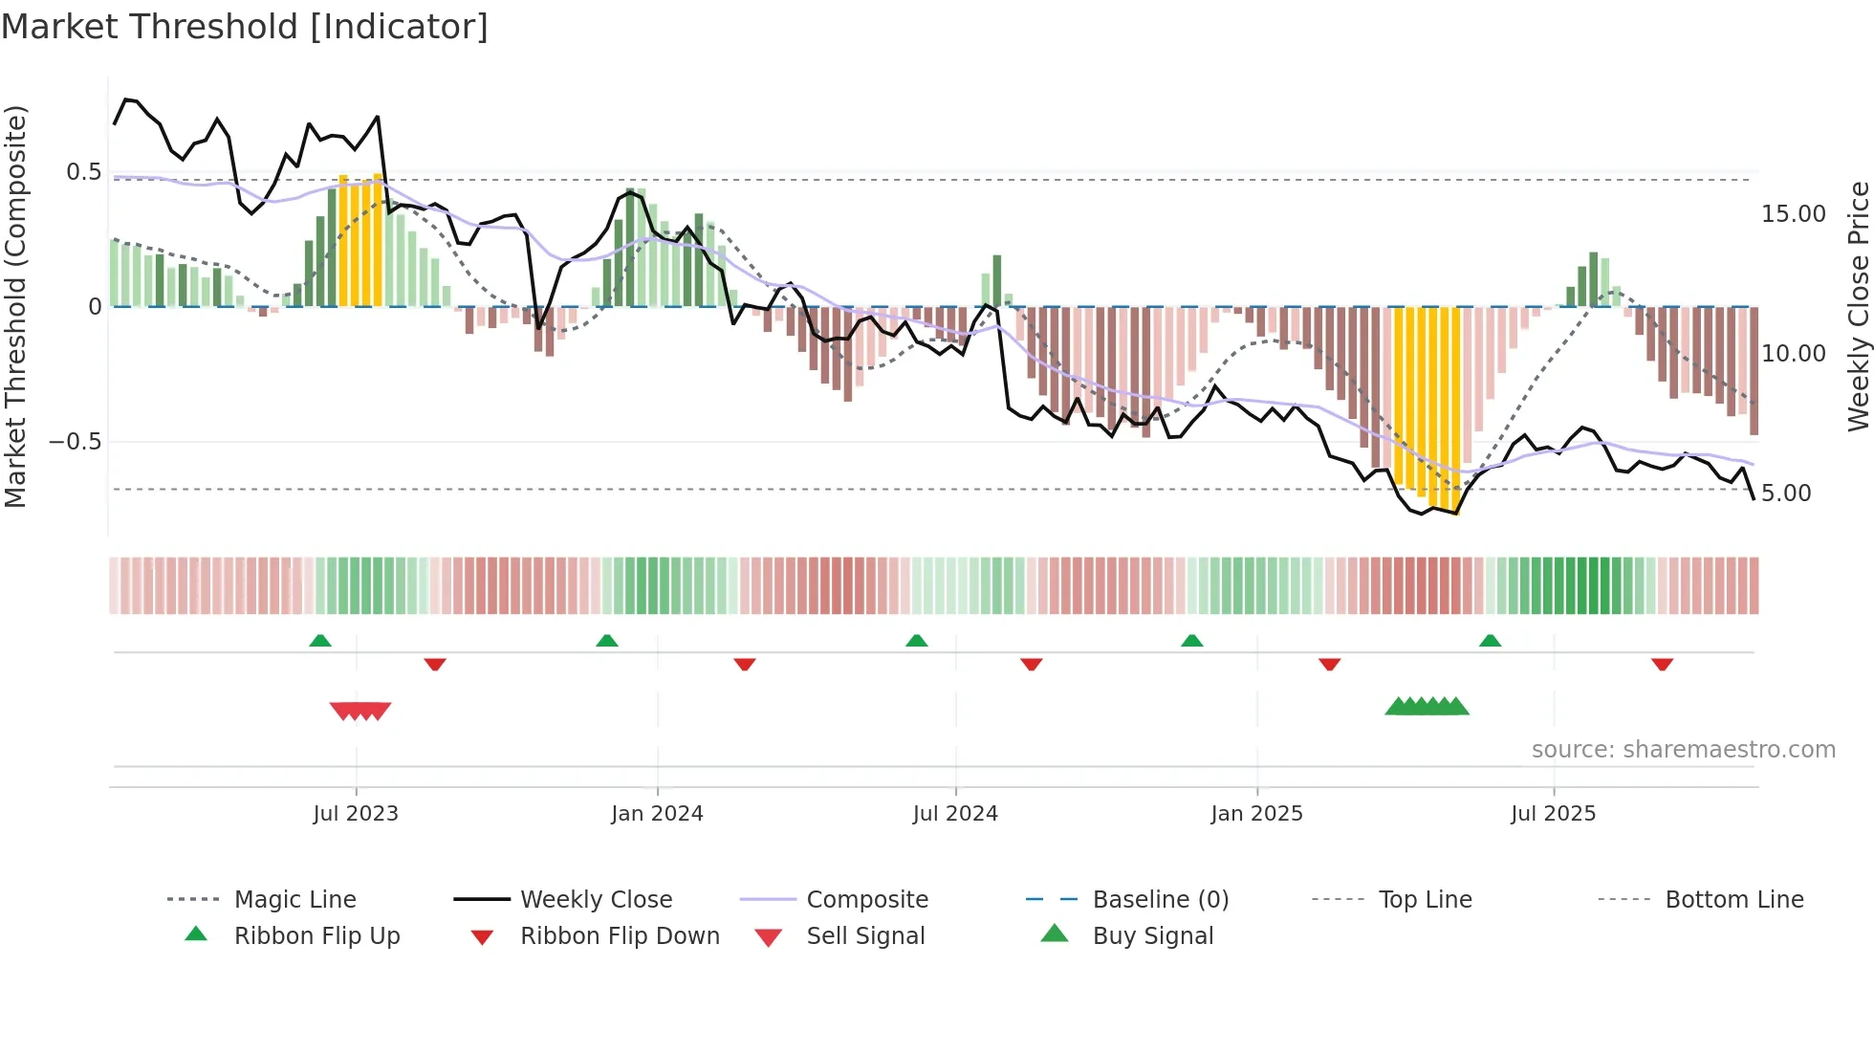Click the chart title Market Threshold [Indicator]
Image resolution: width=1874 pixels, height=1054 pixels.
[245, 27]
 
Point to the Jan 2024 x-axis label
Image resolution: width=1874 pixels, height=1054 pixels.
[657, 814]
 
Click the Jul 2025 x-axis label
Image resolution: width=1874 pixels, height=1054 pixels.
[1553, 814]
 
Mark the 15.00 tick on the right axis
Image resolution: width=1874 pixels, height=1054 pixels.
[1793, 214]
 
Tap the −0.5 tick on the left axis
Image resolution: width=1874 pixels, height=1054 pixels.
[75, 442]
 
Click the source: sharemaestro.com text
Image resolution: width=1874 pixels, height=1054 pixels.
[1683, 750]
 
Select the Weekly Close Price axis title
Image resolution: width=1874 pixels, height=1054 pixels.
[1858, 306]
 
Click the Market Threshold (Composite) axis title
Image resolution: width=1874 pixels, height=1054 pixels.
[15, 306]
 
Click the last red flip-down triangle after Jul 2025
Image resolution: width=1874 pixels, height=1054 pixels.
[1662, 664]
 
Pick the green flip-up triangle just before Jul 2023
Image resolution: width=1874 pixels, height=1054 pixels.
[320, 641]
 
